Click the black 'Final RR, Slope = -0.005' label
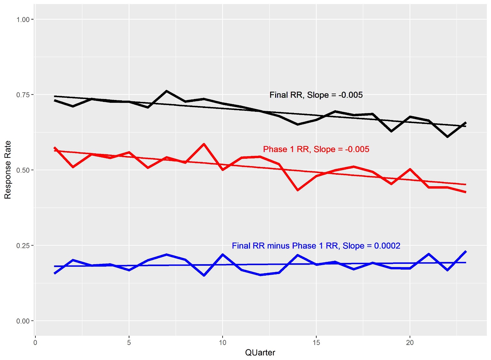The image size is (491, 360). coord(316,95)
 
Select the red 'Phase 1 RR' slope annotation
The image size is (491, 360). coord(316,149)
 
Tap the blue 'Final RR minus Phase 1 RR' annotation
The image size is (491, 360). coord(316,246)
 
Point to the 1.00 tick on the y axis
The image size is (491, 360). coord(23,19)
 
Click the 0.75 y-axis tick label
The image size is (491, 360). coord(23,95)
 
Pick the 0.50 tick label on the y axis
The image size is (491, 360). coord(23,170)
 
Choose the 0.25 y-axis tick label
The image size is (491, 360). coord(23,246)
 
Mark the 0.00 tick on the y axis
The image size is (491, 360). coord(23,321)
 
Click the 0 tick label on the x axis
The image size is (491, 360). coord(35,343)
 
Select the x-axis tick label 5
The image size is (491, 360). coord(129,343)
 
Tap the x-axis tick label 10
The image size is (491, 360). coord(223,343)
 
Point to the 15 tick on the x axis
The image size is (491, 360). coord(316,343)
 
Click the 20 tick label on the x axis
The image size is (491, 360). coord(410,343)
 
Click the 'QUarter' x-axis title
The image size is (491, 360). coord(260,353)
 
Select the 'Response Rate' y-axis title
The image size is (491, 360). coord(8,170)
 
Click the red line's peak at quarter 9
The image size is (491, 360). coord(204,144)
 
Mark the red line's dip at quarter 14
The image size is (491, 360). coord(298,190)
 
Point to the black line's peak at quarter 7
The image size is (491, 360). coord(166,91)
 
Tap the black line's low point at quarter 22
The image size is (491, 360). coord(447,137)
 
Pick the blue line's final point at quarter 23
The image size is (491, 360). coord(466,252)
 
